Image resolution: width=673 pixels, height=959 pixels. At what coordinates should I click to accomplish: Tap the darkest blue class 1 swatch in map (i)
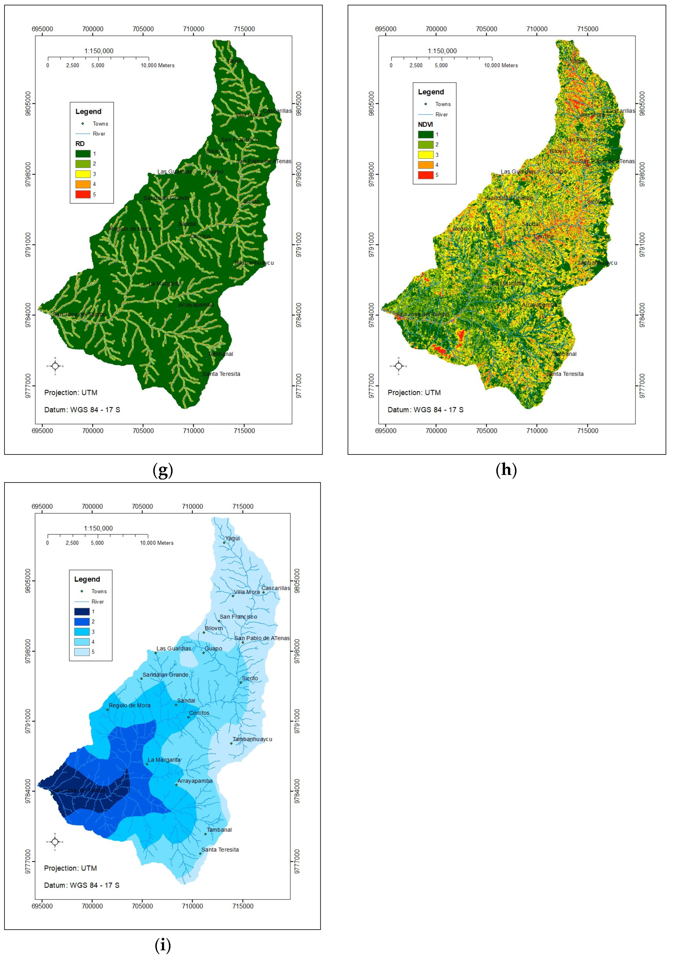(82, 611)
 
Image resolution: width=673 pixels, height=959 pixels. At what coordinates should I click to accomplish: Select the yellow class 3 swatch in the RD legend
(83, 174)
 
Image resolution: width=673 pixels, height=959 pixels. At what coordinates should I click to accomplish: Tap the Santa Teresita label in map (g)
(221, 374)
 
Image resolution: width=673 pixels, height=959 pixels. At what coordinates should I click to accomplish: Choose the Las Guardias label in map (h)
(518, 171)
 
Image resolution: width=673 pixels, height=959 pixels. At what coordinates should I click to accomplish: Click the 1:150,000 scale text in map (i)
(99, 528)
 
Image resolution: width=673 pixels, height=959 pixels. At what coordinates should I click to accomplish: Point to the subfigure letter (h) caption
(506, 470)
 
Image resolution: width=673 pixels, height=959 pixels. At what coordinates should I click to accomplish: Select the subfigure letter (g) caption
(163, 470)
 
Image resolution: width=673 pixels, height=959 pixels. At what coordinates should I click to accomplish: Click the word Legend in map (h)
(431, 92)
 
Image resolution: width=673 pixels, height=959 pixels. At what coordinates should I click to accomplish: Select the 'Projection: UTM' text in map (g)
(71, 393)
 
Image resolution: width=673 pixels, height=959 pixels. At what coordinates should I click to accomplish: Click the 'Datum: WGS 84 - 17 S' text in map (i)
(82, 885)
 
